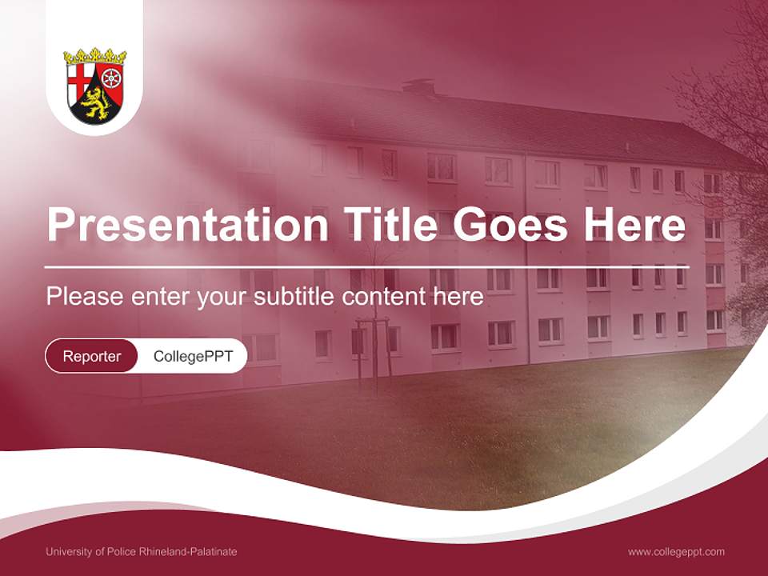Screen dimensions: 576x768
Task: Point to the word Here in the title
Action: (x=640, y=225)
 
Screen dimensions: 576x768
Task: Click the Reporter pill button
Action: (x=92, y=356)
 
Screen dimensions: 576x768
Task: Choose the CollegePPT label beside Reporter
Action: (x=193, y=356)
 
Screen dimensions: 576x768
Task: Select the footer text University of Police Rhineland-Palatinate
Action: (x=142, y=551)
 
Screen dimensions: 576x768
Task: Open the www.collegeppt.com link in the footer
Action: (x=676, y=551)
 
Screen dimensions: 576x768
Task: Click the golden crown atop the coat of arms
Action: (x=95, y=57)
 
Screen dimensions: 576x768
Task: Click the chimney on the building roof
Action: (x=418, y=86)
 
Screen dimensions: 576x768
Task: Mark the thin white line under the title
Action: (x=366, y=266)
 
